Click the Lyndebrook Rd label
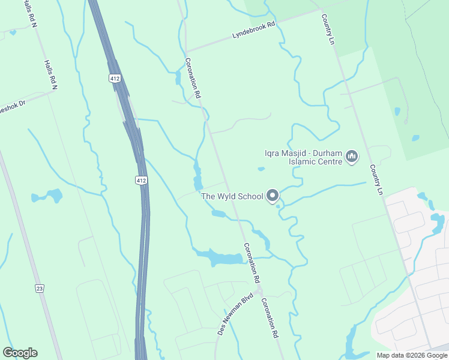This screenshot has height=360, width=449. (253, 31)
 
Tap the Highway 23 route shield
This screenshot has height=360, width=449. (40, 289)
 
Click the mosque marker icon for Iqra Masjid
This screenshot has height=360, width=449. (352, 157)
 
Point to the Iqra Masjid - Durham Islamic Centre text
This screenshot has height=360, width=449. (304, 157)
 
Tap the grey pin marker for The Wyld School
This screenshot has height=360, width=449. (273, 196)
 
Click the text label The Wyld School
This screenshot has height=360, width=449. (232, 196)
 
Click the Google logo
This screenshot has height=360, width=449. (20, 353)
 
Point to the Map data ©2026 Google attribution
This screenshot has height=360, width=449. (412, 355)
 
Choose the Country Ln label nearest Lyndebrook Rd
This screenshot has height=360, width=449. (327, 29)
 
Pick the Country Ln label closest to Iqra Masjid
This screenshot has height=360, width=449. (376, 179)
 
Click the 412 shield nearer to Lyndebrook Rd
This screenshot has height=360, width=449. (114, 79)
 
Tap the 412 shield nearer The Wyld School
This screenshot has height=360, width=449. (140, 180)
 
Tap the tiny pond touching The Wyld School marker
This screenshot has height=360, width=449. (279, 207)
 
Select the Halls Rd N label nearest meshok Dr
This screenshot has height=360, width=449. (50, 75)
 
